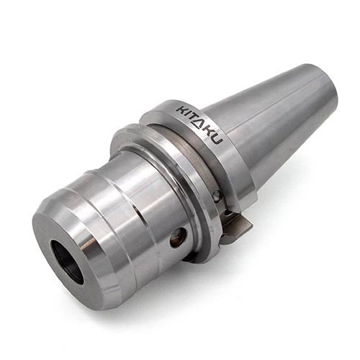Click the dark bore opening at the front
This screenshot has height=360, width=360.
tap(66, 257)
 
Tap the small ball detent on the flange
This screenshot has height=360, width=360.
tap(216, 196)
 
